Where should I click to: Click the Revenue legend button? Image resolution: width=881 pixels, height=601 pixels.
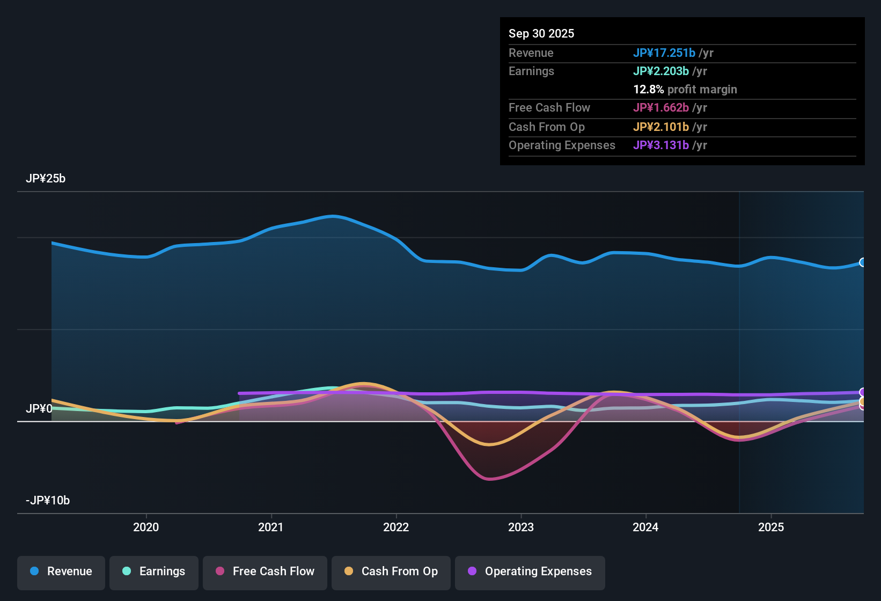(61, 571)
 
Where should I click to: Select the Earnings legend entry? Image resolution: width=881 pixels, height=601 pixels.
(154, 571)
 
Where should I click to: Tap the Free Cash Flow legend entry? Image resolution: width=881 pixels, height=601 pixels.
(265, 571)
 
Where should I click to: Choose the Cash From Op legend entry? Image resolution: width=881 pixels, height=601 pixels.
(391, 571)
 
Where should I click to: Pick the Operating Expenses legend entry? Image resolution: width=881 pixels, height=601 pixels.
(530, 571)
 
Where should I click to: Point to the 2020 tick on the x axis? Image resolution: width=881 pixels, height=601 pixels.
(146, 527)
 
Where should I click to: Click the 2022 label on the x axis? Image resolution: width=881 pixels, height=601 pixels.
(396, 527)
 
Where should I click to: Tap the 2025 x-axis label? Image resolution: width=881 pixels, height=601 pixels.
(771, 527)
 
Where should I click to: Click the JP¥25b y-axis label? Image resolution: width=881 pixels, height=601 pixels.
(46, 179)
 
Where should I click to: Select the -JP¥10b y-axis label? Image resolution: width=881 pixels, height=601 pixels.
(48, 501)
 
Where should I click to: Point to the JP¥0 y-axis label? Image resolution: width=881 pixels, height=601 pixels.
(39, 409)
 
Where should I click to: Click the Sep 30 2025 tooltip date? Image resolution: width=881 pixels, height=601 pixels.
(541, 34)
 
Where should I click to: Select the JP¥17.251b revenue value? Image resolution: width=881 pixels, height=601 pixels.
(664, 53)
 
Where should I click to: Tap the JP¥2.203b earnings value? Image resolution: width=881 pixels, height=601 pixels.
(661, 71)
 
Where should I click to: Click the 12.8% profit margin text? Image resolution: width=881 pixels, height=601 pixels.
(685, 90)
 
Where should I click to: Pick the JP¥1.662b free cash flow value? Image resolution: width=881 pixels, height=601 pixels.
(661, 108)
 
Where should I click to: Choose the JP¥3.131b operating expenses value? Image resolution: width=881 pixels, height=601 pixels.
(661, 145)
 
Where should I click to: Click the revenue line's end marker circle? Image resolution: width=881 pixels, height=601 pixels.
(863, 262)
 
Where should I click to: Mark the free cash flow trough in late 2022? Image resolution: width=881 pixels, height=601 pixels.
(489, 479)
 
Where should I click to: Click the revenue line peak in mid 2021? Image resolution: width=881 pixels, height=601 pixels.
(333, 216)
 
